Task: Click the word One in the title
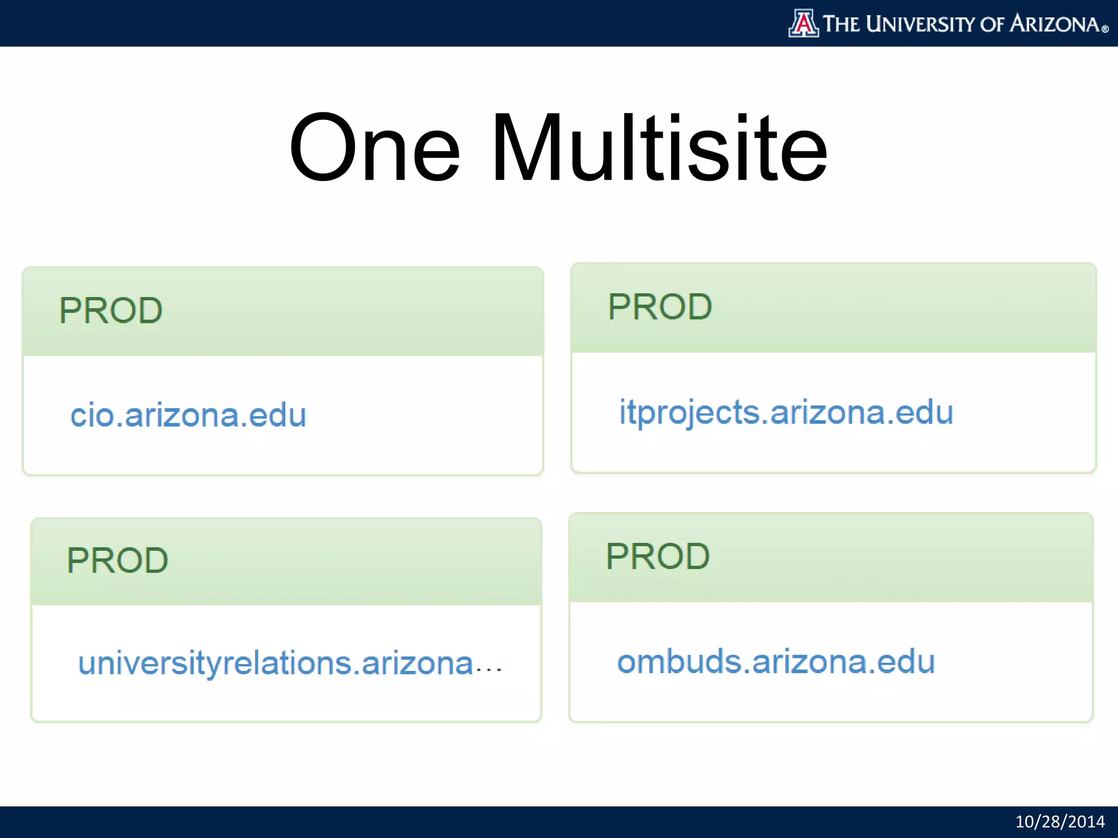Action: [x=374, y=148]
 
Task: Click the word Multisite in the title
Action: [x=659, y=148]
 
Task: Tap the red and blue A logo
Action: [x=803, y=23]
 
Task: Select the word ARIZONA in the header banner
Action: [x=1054, y=24]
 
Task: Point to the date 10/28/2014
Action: [x=1060, y=822]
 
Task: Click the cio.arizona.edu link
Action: [x=188, y=416]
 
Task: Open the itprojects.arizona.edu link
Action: [x=786, y=412]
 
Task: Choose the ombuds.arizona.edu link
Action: [x=776, y=662]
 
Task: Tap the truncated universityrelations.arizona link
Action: [x=276, y=664]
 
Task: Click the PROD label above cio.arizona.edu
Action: [x=111, y=311]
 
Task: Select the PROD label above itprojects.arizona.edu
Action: [x=660, y=307]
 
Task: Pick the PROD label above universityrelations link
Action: [x=117, y=561]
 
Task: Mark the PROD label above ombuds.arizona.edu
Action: [x=658, y=556]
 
